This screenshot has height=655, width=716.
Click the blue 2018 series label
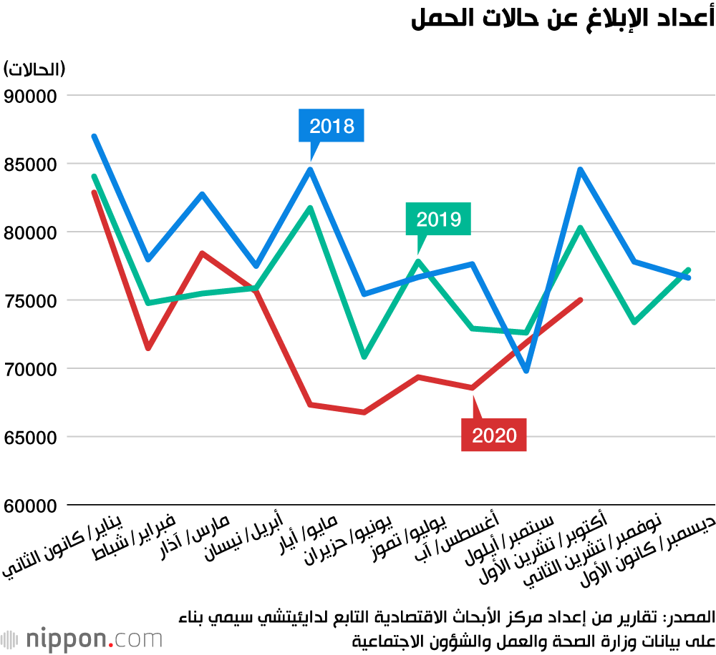click(332, 126)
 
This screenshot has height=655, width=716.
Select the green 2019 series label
click(438, 219)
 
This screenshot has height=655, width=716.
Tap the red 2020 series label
click(494, 435)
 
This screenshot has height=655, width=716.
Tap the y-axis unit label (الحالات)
click(34, 69)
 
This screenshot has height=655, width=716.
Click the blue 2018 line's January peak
click(94, 136)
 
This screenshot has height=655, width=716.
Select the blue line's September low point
click(526, 371)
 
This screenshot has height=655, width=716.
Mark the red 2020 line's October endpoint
click(581, 300)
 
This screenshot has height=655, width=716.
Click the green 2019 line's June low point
click(364, 356)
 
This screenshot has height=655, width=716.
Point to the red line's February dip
click(148, 348)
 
